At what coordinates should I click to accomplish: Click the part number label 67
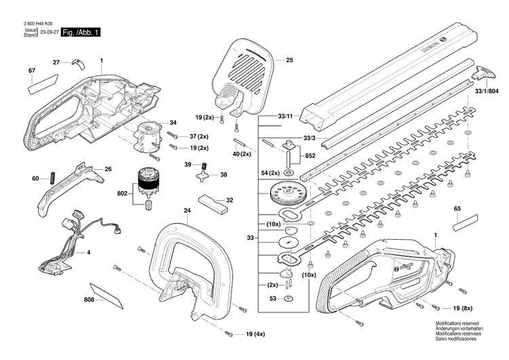pyautogui.click(x=32, y=71)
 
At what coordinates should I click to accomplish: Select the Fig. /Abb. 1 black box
pyautogui.click(x=81, y=33)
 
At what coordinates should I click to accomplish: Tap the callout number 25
pyautogui.click(x=289, y=60)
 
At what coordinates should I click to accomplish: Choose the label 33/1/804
pyautogui.click(x=486, y=90)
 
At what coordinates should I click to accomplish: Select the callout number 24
pyautogui.click(x=187, y=211)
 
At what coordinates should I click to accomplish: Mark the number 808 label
pyautogui.click(x=90, y=300)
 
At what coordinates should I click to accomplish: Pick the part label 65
pyautogui.click(x=457, y=208)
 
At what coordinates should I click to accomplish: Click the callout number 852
pyautogui.click(x=310, y=156)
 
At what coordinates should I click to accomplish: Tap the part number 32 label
pyautogui.click(x=229, y=200)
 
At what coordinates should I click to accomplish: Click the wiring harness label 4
pyautogui.click(x=88, y=253)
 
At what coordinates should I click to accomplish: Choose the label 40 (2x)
pyautogui.click(x=241, y=154)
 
